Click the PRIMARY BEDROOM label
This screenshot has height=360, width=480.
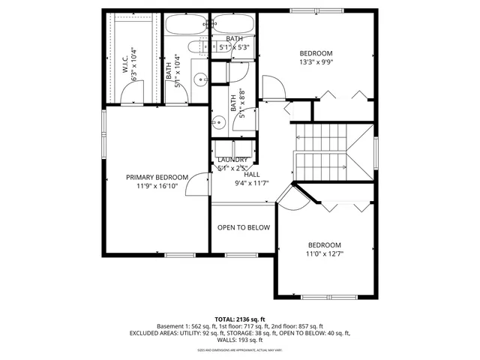pos(156,177)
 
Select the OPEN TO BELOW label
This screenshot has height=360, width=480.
pos(243,228)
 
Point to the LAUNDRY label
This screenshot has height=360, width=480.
pos(232,160)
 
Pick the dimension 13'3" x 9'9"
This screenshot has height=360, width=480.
pos(316,63)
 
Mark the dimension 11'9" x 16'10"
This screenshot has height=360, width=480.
pos(156,187)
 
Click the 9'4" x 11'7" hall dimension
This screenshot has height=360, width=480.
pos(251,183)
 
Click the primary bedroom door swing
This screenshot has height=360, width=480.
pos(199,184)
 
